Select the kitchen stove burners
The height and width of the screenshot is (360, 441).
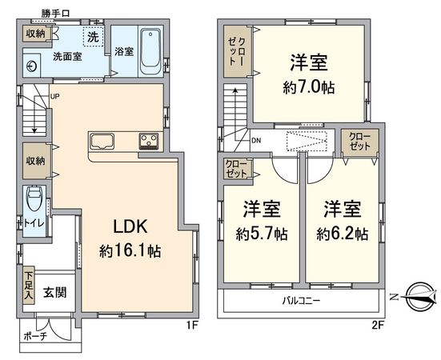tap(148, 142)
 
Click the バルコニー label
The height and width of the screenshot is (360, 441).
tap(300, 302)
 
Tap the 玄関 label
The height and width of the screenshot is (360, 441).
tap(54, 292)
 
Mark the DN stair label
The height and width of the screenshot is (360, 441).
tap(255, 142)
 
